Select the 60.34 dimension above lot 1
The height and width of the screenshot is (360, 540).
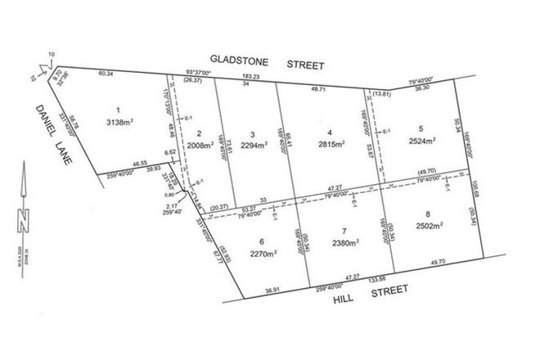(106, 74)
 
